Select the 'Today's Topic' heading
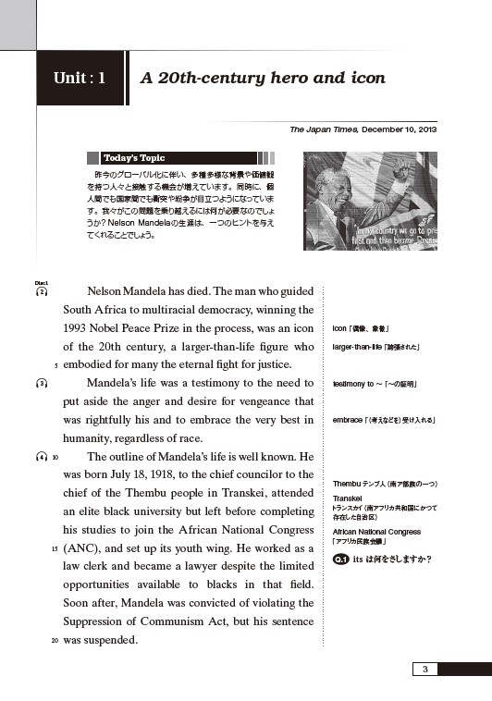click(x=135, y=158)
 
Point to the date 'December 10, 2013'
click(x=400, y=129)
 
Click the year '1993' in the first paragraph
click(x=80, y=327)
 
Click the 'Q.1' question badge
click(x=340, y=560)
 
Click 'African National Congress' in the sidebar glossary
click(x=376, y=532)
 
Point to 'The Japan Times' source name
click(x=323, y=129)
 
